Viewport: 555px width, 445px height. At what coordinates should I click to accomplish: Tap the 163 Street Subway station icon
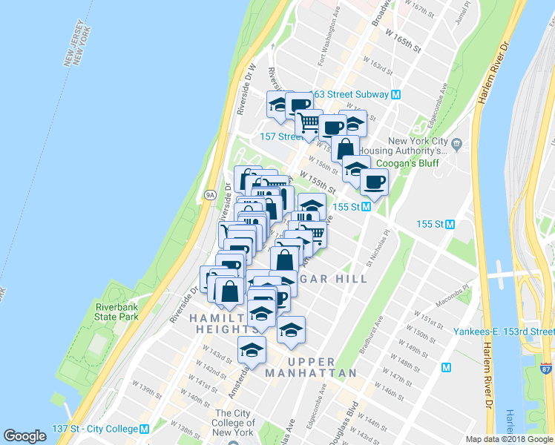point(396,94)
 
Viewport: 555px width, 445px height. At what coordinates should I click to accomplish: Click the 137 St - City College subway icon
point(145,429)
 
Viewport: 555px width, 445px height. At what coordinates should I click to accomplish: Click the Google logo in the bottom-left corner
point(25,436)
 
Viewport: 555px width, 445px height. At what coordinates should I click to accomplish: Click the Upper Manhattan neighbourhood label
point(311,366)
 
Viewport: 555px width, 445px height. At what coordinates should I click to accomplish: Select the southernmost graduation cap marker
point(252,349)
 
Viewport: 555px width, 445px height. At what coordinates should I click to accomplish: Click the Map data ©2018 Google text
point(509,439)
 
